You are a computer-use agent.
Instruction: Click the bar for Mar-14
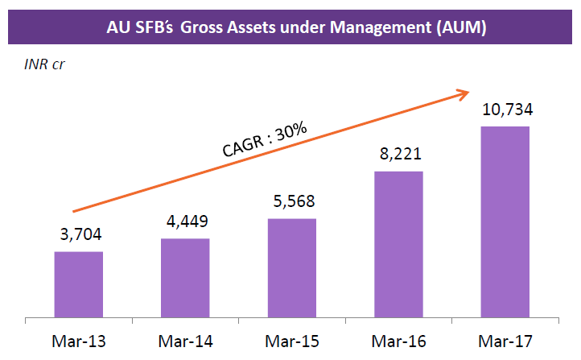point(185,277)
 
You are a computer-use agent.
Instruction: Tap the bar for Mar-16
point(398,243)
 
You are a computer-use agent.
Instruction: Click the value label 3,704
point(79,235)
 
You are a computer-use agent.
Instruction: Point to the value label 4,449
point(185,221)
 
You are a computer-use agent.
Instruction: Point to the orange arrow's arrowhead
point(464,93)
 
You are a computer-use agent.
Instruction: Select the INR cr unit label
point(44,64)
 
